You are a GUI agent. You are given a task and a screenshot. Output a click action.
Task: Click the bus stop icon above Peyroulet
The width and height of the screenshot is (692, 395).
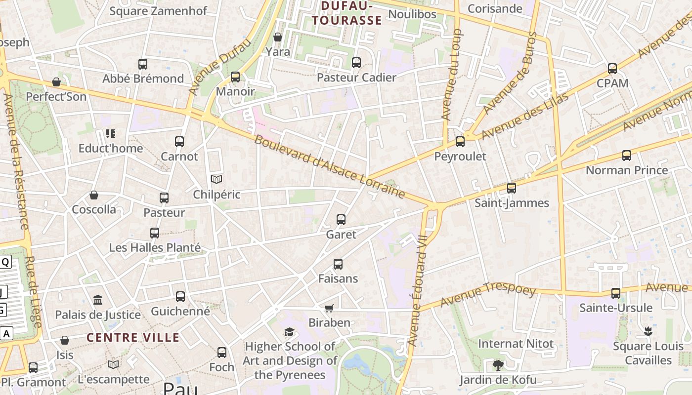pos(460,142)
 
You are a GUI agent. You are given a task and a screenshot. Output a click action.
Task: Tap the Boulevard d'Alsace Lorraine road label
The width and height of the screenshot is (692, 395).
pos(329,166)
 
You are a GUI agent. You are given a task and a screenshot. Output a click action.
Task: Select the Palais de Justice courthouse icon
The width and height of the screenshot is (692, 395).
pos(98,300)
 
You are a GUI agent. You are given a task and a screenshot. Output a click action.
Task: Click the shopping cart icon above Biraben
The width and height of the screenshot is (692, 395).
pos(329,308)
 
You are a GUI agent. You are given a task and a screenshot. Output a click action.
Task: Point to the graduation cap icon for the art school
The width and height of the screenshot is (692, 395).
pos(289,332)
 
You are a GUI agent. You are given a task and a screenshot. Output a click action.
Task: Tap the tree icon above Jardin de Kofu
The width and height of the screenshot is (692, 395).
pos(498,365)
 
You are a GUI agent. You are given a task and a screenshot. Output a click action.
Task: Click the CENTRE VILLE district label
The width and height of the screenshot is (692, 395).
pos(133,338)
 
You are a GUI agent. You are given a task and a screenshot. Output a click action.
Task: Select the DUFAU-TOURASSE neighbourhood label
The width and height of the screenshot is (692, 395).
pos(351,13)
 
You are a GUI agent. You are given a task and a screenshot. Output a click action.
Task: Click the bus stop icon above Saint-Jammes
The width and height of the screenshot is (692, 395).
pos(512,188)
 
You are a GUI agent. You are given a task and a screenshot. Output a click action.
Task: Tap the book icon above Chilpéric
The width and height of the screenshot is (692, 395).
pos(216,179)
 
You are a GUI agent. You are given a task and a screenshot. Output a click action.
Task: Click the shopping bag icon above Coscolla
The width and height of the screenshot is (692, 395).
pos(94,196)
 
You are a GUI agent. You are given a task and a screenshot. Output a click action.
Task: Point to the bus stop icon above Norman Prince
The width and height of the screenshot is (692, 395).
pos(627,156)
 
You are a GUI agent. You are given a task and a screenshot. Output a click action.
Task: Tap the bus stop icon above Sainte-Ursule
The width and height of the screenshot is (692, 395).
pos(616,293)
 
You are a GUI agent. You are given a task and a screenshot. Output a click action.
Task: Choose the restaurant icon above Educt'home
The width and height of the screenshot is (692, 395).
pos(110,134)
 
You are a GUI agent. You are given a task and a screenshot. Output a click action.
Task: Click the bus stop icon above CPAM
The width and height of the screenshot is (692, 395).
pos(612,69)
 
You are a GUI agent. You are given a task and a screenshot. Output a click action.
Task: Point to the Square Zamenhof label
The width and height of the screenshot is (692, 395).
pos(158,11)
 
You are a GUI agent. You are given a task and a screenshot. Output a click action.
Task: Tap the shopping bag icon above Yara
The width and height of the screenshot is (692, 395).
pos(278,37)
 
